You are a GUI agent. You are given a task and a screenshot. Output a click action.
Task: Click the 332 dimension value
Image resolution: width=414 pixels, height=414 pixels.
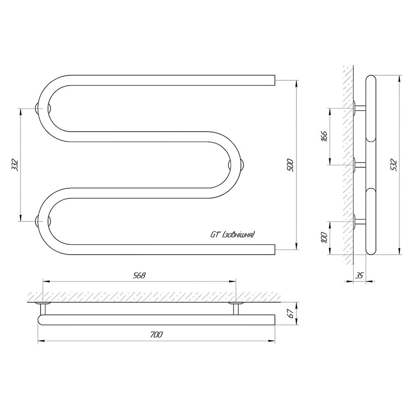tap(15, 165)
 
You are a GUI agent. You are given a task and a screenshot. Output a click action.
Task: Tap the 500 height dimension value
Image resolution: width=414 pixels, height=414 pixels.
tap(290, 165)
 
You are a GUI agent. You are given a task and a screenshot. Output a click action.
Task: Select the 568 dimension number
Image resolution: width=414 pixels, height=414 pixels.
tap(139, 275)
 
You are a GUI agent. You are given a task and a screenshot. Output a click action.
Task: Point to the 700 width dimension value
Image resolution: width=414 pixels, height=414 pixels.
tap(156, 335)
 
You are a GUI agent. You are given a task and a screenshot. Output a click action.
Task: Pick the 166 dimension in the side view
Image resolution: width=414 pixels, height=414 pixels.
tap(324, 136)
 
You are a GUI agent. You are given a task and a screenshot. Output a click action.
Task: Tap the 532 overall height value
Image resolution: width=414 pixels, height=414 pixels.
tap(394, 165)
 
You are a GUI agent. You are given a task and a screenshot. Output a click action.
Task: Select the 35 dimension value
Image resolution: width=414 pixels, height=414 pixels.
tap(359, 275)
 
